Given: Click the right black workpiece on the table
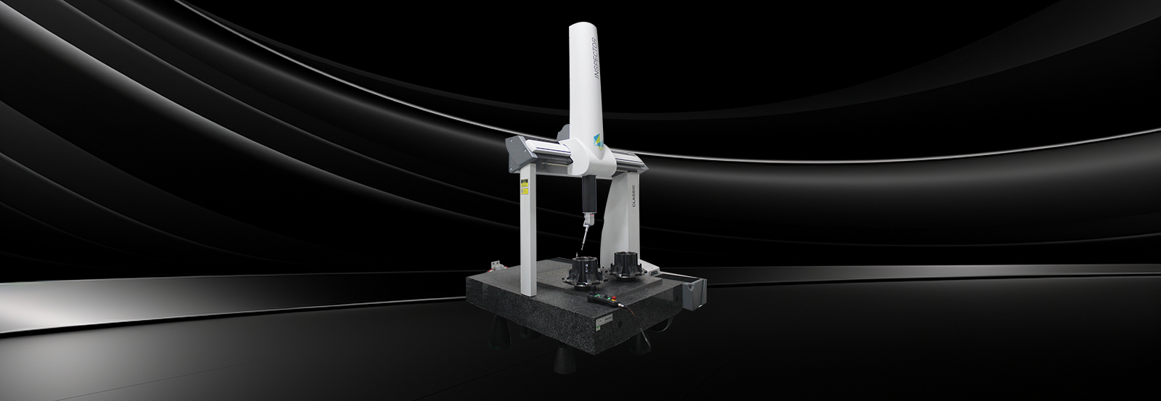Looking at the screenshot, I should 625,266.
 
